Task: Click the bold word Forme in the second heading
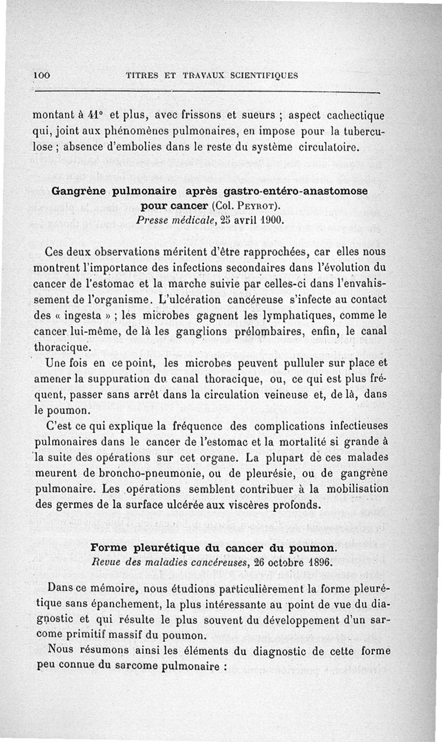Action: tap(108, 548)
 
